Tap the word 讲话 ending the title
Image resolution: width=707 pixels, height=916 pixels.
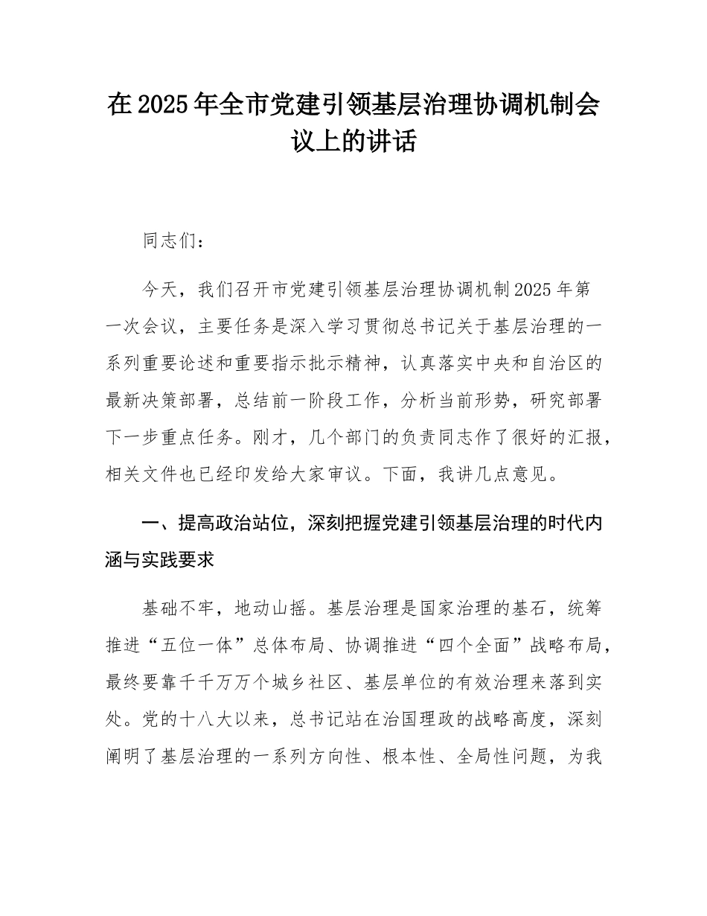[395, 141]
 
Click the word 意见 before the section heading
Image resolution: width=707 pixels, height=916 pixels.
[538, 475]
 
